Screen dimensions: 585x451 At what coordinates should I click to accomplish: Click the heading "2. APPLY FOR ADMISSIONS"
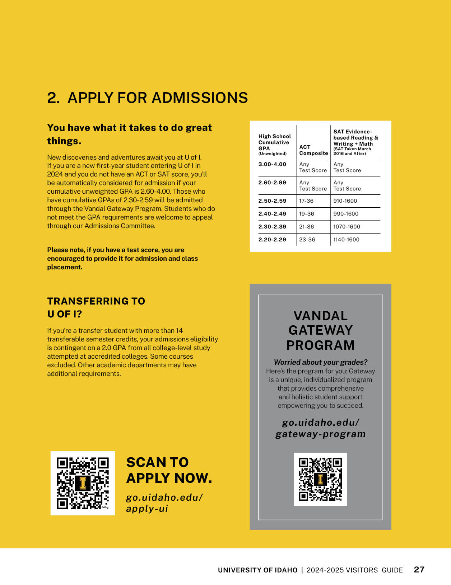pos(147,98)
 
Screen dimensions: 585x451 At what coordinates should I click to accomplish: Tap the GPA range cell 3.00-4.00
pos(272,164)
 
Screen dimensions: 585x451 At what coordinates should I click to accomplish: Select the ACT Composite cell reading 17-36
pos(306,201)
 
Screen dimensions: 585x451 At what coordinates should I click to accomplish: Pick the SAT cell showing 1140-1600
pos(346,240)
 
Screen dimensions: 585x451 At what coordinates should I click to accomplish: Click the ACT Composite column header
pos(313,150)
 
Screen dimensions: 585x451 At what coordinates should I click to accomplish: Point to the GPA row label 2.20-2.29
pos(272,240)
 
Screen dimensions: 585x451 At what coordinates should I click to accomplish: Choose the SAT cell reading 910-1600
pos(345,201)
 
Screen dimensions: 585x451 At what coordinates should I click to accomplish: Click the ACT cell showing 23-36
pos(307,240)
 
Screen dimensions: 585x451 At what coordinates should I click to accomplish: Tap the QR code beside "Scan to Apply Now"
pos(83,483)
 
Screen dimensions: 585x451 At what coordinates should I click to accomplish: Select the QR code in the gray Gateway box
pos(320,479)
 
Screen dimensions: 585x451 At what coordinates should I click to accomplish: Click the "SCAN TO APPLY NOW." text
pos(169,470)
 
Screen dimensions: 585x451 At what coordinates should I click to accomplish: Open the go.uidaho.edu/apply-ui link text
pos(164,503)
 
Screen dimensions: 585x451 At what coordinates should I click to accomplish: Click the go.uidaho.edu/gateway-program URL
pos(320,428)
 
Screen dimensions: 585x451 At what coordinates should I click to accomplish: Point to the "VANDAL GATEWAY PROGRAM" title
pos(320,330)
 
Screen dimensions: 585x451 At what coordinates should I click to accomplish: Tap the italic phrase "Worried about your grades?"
pos(320,362)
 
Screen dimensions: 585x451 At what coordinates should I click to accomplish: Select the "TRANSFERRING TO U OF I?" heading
pos(96,307)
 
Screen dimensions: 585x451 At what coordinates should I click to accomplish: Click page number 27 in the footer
pos(419,570)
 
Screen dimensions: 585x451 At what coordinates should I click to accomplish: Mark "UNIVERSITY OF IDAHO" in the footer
pos(257,570)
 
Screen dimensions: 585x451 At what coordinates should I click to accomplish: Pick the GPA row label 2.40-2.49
pos(272,214)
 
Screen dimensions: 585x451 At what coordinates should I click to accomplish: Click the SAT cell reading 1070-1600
pos(347,227)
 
